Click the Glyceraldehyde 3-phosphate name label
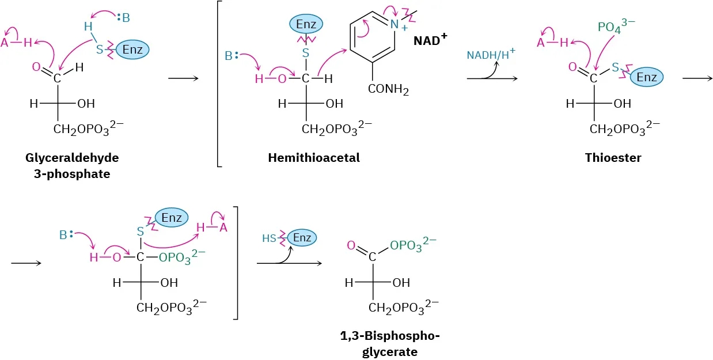(71, 165)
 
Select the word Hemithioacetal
(313, 158)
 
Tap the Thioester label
(613, 158)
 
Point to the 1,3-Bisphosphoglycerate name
(389, 344)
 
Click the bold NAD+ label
(431, 41)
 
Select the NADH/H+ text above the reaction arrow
(491, 55)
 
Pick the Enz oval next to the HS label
(302, 237)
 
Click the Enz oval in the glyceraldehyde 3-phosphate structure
(132, 50)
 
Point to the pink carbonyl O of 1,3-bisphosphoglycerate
(351, 247)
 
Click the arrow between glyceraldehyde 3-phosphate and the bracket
(183, 77)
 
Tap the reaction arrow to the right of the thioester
(695, 77)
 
